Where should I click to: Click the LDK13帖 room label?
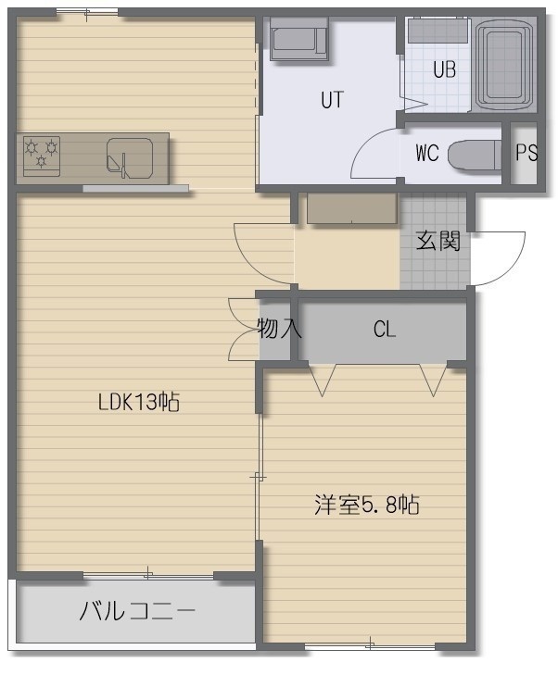(139, 401)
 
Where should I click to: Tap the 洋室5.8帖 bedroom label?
(367, 505)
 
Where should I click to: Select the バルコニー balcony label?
(137, 611)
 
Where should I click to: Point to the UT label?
(332, 100)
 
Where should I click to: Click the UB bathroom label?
(444, 69)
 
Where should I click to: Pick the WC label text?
(426, 153)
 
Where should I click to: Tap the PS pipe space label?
(526, 153)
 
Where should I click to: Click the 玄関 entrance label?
(438, 241)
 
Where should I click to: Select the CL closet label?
(385, 330)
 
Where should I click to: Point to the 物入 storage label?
(279, 328)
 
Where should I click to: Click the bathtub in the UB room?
(504, 65)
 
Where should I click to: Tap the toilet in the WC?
(475, 155)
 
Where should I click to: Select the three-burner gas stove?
(41, 156)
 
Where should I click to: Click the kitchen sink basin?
(130, 158)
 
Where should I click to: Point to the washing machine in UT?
(298, 39)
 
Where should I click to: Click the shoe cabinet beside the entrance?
(352, 208)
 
